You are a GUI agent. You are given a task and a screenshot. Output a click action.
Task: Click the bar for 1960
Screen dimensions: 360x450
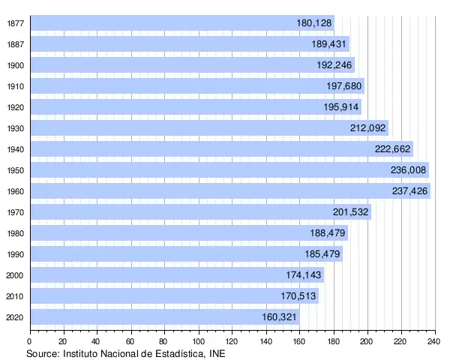coord(225,191)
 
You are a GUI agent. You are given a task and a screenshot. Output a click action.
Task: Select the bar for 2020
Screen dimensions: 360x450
coord(165,317)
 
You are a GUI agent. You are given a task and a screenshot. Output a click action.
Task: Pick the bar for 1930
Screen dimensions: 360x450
coord(202,128)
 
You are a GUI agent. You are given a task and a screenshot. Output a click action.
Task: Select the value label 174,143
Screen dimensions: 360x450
coord(304,275)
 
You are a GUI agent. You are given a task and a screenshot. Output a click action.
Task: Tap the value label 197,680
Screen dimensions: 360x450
coord(344,86)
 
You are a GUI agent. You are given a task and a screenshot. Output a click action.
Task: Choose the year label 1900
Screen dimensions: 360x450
coord(15,65)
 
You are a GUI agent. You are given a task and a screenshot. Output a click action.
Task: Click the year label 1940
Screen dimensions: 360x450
coord(15,149)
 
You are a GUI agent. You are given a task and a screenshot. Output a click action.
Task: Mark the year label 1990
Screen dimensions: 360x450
coord(15,254)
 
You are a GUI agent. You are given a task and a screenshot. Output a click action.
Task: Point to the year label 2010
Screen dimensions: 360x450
coord(15,296)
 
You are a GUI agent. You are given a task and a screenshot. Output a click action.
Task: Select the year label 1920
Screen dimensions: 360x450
coord(15,107)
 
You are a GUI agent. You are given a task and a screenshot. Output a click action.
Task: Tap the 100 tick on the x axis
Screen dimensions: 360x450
coord(199,341)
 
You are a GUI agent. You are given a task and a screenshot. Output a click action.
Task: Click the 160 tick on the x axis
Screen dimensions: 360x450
coord(300,341)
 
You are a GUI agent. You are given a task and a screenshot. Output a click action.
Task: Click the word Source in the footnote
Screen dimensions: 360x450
coord(43,353)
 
